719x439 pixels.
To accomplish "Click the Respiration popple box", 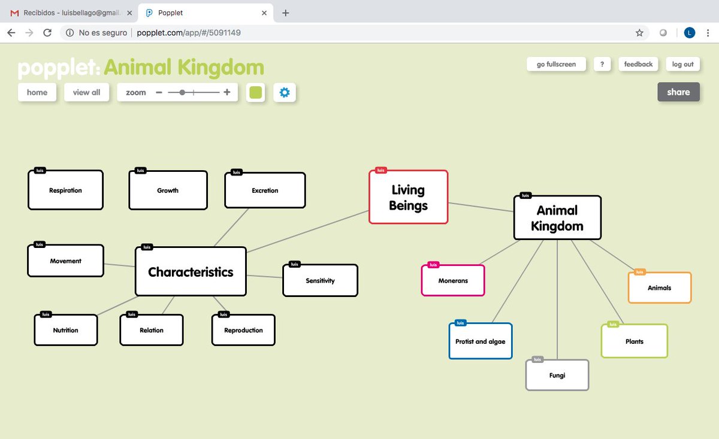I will [x=65, y=190].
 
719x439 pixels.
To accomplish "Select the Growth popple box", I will [x=168, y=190].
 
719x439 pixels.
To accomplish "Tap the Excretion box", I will [x=265, y=190].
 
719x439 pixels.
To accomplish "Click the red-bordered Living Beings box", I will [x=408, y=198].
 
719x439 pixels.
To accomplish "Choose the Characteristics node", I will [x=191, y=272].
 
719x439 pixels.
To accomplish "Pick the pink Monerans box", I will [x=453, y=280].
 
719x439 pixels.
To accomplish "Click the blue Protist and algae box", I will [x=481, y=341].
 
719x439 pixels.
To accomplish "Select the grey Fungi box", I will [x=557, y=376].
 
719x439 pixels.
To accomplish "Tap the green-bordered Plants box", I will [x=634, y=341].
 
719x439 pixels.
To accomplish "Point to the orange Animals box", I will [x=659, y=288].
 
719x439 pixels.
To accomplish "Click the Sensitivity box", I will [x=320, y=280].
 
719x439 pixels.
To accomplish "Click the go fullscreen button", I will [x=556, y=64].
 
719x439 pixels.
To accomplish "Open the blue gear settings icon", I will [x=285, y=92].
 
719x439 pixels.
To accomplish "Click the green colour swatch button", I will [x=256, y=92].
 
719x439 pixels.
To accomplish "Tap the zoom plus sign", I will [x=227, y=92].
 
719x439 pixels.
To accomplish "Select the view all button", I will [x=86, y=92].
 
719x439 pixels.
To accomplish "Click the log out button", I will [x=682, y=64].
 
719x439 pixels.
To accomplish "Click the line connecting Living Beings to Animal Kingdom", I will [x=481, y=207].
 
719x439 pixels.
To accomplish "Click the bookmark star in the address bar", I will [x=639, y=33].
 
